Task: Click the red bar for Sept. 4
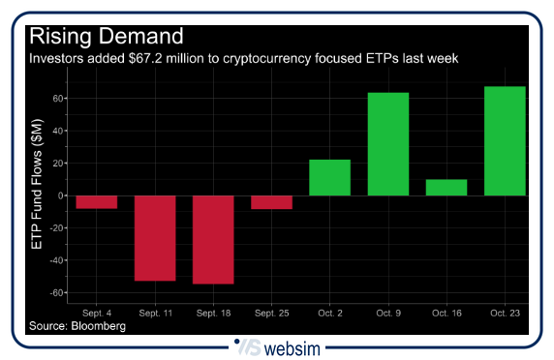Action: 97,202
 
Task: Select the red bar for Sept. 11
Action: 155,238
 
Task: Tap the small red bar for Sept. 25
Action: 271,202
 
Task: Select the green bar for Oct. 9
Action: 387,144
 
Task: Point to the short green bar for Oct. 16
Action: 446,188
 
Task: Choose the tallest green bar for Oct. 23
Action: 505,141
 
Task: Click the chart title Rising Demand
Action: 106,37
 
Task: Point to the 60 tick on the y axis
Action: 58,99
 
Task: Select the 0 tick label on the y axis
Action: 61,195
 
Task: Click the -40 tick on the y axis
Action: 56,260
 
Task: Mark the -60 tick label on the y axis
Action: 56,292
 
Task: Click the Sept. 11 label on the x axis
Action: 155,315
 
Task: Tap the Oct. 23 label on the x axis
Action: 505,315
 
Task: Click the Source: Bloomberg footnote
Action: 77,327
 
